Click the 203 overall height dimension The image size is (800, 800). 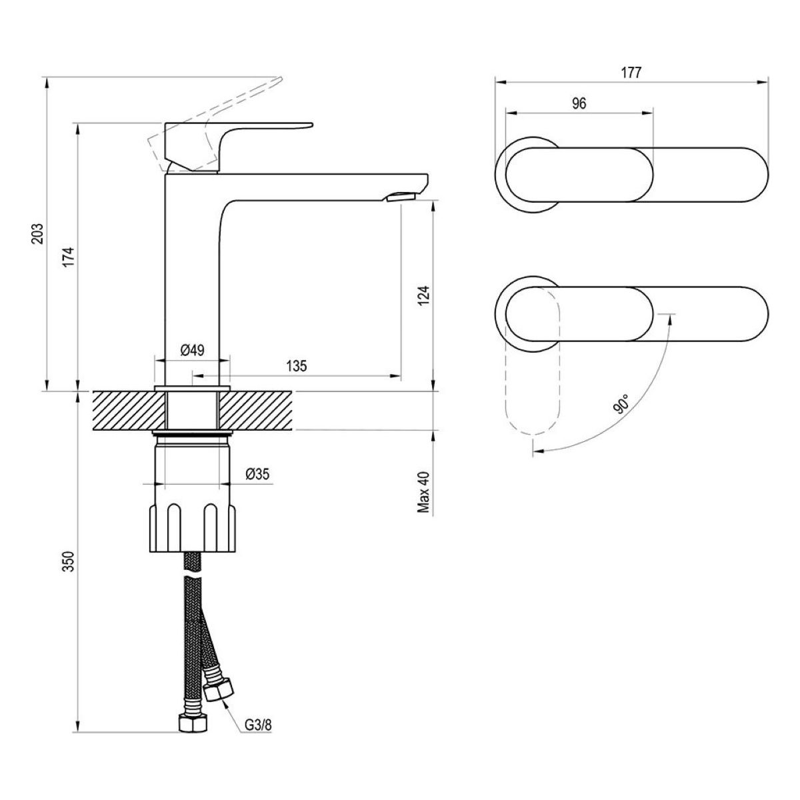tap(39, 233)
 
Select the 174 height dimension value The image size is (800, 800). tap(69, 257)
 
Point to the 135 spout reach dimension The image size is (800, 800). tap(296, 365)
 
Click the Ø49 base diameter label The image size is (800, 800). tap(192, 350)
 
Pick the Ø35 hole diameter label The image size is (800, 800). tap(257, 474)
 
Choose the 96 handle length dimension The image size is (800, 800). tap(579, 103)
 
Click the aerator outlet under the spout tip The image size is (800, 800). tap(402, 196)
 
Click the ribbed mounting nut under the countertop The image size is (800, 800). tap(192, 527)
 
